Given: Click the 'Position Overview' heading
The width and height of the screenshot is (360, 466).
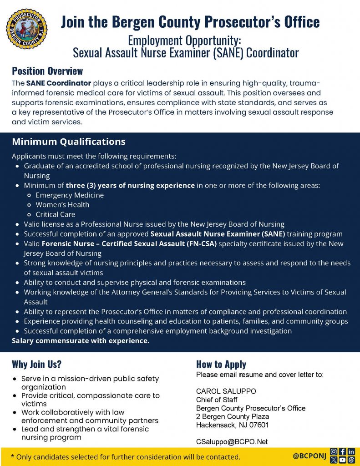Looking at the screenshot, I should [x=47, y=71].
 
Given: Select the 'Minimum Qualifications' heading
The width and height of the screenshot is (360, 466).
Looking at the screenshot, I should [x=69, y=142].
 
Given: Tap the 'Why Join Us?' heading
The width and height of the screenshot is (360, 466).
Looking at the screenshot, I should [x=36, y=364].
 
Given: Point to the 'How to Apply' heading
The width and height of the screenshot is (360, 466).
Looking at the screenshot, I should [x=221, y=364].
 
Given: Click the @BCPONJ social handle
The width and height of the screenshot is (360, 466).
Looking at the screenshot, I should [x=309, y=456].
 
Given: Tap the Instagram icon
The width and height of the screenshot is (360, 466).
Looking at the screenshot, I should [x=334, y=452].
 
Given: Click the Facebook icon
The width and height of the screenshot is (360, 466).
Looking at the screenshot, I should [x=342, y=452].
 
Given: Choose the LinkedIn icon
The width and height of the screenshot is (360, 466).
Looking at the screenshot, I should [x=351, y=452].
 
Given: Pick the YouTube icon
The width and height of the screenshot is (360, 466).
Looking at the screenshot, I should [x=342, y=460].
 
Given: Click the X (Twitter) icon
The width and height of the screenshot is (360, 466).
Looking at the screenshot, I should [x=334, y=460].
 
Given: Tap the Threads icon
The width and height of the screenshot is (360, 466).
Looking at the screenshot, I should [x=351, y=460].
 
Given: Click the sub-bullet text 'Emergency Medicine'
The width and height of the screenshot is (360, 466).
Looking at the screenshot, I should [x=70, y=195].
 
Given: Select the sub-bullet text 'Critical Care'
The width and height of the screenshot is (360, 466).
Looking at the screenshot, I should [x=56, y=214].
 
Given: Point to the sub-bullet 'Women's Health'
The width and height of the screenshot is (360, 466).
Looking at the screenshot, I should [x=62, y=205].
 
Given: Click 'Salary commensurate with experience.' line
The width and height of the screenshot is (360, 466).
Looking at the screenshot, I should [x=81, y=341].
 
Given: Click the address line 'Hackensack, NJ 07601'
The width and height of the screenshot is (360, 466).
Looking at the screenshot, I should [x=232, y=425].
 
